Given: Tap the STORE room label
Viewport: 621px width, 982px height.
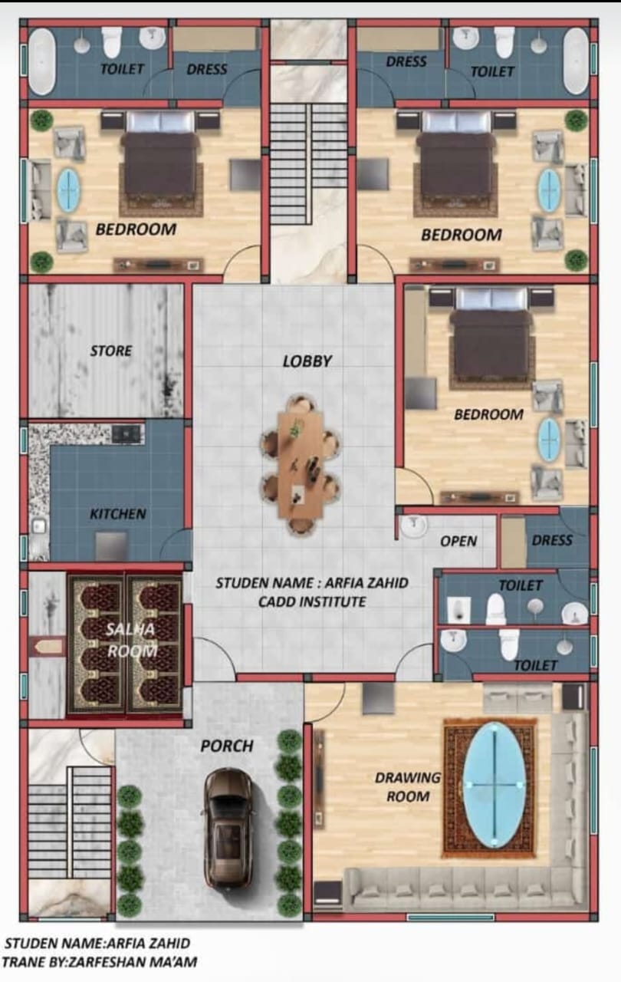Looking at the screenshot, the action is coord(111,351).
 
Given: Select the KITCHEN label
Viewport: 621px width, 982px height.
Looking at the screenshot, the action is coord(118,513).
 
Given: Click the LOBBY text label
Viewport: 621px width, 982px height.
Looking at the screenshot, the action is coord(307,361).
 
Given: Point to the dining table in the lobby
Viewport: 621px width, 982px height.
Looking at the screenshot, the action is coord(300,464).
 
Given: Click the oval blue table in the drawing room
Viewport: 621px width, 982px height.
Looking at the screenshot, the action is coord(494,785).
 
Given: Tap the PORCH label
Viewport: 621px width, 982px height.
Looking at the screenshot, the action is coord(227,746).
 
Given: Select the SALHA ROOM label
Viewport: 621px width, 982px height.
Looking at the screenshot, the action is coord(131,640).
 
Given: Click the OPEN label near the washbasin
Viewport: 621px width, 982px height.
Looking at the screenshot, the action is coord(458,541).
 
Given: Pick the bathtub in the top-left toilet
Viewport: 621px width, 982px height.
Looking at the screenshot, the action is coord(42,61).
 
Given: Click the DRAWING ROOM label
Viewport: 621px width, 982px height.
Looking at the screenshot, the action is coord(408,786).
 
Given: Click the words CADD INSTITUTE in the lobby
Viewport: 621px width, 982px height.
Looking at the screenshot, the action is coord(312,601).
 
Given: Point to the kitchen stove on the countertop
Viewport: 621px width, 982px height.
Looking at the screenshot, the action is coord(127,433).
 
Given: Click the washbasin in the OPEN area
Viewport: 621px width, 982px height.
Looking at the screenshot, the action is coord(413,526).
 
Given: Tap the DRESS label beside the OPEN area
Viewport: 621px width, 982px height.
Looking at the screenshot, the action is coord(552,540).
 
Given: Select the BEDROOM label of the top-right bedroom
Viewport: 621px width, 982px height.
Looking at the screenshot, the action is coord(462,235).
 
